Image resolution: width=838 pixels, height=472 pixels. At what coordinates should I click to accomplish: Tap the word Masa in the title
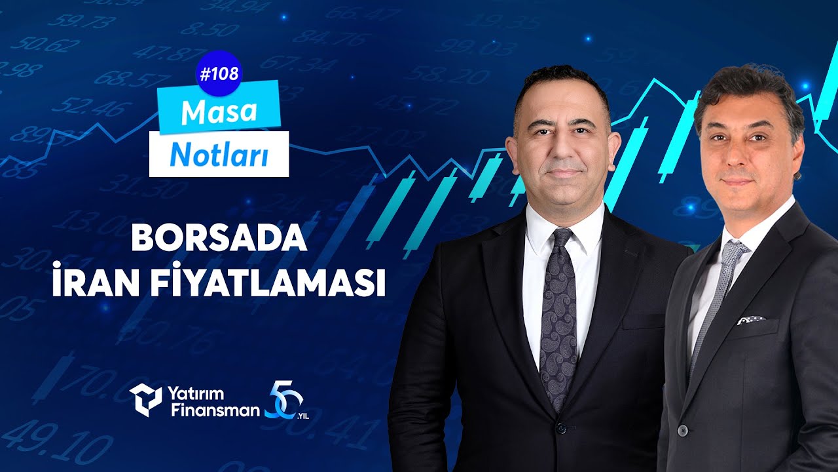click(x=219, y=113)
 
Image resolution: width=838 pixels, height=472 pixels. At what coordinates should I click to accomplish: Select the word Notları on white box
click(x=219, y=155)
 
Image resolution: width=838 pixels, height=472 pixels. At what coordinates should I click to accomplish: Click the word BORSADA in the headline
click(x=219, y=239)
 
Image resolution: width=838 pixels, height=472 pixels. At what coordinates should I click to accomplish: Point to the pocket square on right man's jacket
click(x=751, y=320)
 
